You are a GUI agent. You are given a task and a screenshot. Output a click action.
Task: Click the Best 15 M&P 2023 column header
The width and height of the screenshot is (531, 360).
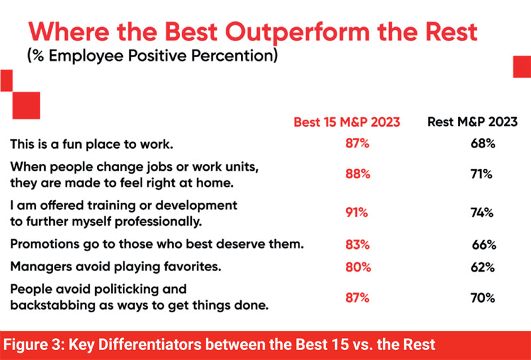346,122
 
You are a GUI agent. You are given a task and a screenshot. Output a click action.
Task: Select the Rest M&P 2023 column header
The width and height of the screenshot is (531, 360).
473,122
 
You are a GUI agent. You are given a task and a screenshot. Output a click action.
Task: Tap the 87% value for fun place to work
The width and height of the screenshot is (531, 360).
357,143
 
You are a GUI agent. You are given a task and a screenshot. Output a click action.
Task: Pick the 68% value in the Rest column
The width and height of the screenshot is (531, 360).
483,143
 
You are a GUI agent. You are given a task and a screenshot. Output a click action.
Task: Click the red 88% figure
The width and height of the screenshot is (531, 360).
358,174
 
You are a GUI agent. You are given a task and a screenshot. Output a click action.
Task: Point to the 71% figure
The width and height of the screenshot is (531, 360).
482,174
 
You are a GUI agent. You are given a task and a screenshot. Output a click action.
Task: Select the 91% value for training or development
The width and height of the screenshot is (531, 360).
356,213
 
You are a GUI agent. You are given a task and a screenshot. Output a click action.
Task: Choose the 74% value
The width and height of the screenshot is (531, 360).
482,213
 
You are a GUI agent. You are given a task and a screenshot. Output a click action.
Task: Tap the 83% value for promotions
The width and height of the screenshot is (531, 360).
357,244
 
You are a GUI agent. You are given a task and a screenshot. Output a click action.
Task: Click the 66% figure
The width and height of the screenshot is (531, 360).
485,244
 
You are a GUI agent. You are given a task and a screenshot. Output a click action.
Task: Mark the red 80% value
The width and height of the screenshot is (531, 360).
358,267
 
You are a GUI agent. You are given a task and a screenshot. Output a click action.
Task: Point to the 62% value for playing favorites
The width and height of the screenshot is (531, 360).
483,267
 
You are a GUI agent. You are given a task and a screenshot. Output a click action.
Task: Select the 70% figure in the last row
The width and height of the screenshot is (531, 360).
483,298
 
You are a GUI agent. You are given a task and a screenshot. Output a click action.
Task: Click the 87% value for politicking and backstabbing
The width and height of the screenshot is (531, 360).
357,298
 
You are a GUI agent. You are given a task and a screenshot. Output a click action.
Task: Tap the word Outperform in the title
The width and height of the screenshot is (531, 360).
297,32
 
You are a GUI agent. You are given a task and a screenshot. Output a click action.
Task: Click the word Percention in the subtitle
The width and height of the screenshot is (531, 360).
234,56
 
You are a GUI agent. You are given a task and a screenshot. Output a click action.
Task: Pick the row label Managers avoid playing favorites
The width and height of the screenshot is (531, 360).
115,267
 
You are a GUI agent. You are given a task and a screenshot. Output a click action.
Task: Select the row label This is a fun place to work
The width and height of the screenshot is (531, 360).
92,144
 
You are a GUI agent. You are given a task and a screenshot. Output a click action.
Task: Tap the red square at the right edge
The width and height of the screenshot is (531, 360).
522,67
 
